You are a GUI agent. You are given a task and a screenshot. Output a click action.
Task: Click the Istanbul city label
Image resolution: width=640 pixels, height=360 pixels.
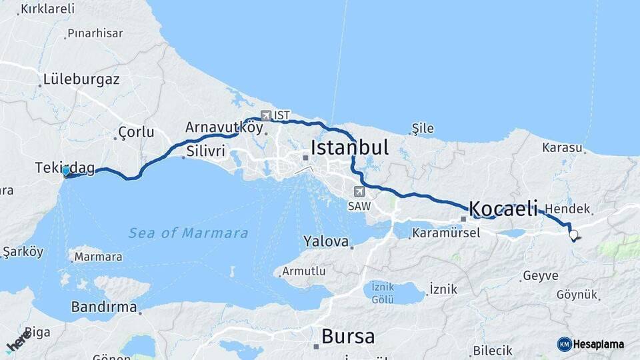pos(349,147)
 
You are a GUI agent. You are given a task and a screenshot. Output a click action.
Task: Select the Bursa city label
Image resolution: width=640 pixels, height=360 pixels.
pos(347,336)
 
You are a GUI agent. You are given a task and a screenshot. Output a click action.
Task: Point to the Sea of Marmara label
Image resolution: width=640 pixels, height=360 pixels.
pos(188,233)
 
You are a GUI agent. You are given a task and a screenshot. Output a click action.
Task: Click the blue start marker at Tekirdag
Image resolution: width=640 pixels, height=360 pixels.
pos(65,171)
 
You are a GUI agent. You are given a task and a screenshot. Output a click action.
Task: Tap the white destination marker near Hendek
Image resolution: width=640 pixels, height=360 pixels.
pos(573,235)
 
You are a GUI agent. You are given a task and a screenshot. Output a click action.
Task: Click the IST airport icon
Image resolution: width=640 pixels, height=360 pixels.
pos(266,115)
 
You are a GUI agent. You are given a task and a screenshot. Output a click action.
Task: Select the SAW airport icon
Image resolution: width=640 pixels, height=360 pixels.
pos(359,192)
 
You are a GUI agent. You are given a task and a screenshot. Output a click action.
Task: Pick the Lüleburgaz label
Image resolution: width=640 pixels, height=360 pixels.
pos(81,79)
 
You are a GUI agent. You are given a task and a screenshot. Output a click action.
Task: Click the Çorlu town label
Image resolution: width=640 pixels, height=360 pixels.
pos(136,131)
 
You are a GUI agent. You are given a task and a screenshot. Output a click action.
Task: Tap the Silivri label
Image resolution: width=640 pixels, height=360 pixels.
pos(206,151)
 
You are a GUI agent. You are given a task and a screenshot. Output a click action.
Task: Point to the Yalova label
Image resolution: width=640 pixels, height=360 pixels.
pos(326,241)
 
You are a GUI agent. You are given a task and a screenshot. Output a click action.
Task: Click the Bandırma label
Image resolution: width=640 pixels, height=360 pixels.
pos(104,308)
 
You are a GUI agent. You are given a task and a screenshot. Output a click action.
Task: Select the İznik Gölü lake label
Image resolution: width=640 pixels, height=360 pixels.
pos(383,291)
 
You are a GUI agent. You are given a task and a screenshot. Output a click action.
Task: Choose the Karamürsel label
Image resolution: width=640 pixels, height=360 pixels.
pos(446,233)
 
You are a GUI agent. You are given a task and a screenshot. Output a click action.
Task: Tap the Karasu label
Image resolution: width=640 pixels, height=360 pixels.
pos(562,147)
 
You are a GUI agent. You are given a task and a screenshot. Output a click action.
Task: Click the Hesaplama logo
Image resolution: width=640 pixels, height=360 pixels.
pos(591,344)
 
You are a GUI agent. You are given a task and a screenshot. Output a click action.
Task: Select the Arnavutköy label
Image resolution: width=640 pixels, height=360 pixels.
pos(225,127)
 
